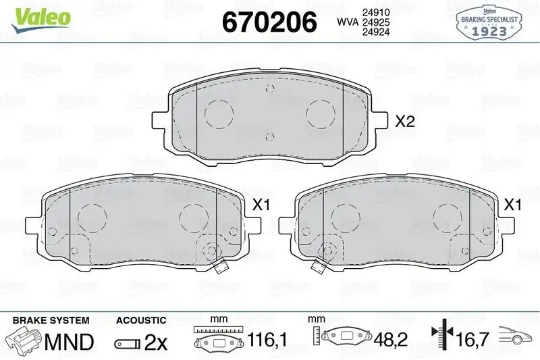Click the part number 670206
[269, 22]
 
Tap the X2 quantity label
[404, 122]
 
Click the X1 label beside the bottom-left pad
[261, 203]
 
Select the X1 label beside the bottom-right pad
[514, 203]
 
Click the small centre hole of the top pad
[269, 138]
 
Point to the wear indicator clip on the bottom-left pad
[217, 266]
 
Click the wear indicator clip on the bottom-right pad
[317, 265]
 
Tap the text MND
[69, 342]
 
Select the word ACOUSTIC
[141, 319]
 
